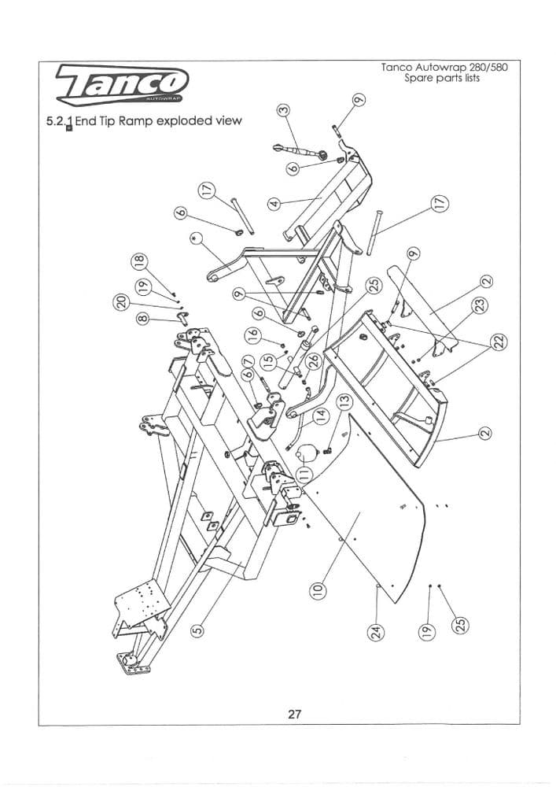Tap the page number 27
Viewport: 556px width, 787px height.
click(x=294, y=715)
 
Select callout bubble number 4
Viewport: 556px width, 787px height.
click(x=274, y=202)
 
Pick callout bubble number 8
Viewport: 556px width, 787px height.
click(x=142, y=319)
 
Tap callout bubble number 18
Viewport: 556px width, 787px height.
click(x=140, y=262)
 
